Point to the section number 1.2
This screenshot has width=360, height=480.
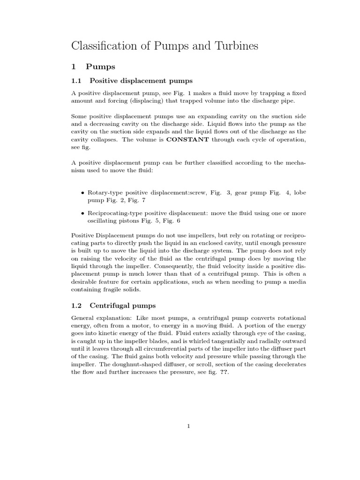[76, 306]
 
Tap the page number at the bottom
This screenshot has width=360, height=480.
[188, 426]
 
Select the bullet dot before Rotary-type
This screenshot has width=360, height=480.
[82, 193]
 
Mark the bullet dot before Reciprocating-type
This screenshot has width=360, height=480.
[82, 213]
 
